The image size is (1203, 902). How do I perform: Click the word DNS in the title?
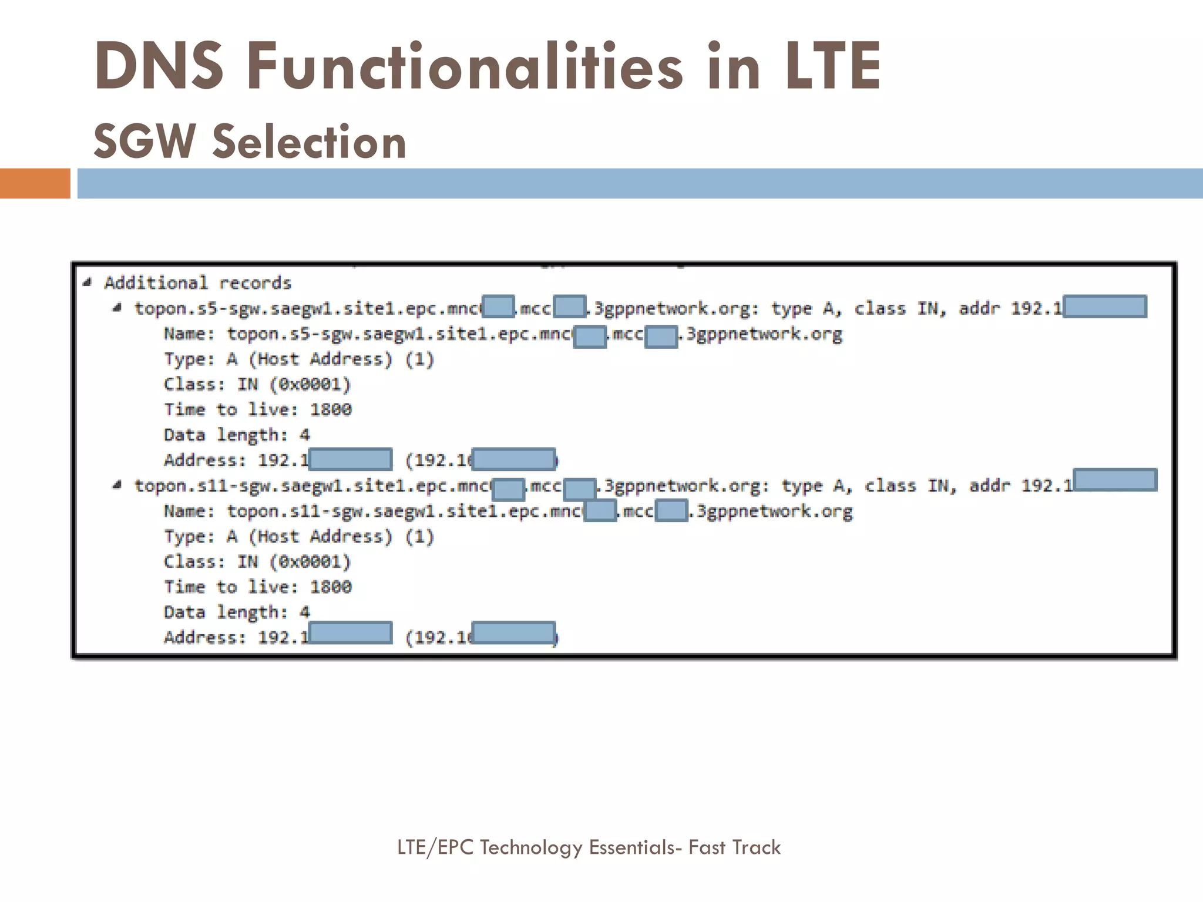click(x=159, y=66)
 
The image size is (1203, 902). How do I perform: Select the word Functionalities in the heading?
click(x=464, y=66)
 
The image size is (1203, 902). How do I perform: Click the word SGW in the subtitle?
click(x=145, y=142)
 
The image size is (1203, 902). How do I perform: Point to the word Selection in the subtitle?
click(x=309, y=142)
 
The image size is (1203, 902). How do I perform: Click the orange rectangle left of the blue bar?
click(x=35, y=183)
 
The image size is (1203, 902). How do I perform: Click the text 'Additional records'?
click(x=198, y=283)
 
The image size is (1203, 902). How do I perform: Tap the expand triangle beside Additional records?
click(x=88, y=282)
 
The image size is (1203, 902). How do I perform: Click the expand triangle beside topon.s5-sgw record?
click(x=117, y=308)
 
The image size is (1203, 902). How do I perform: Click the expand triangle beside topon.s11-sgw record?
click(x=117, y=485)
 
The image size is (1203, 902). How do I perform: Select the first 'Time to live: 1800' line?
click(x=257, y=409)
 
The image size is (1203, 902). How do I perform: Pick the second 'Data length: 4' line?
click(x=236, y=612)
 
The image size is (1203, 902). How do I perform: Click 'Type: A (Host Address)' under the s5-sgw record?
click(x=298, y=359)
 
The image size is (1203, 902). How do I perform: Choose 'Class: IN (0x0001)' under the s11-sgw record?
click(x=257, y=561)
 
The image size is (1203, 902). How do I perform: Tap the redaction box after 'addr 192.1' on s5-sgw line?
click(x=1104, y=307)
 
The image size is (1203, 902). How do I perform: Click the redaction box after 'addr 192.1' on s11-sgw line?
click(x=1114, y=480)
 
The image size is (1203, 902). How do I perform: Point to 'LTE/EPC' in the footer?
click(x=435, y=847)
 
